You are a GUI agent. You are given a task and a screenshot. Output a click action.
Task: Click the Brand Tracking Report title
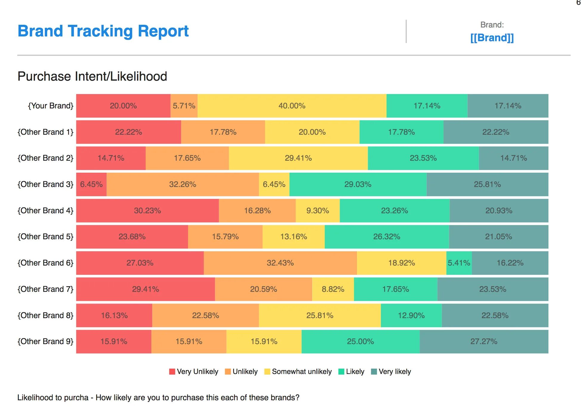[103, 31]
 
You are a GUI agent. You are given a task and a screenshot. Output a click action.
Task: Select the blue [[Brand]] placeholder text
[492, 38]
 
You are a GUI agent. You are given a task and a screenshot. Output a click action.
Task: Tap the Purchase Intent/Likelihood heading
[92, 76]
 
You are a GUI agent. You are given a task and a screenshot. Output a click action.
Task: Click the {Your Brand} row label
[50, 106]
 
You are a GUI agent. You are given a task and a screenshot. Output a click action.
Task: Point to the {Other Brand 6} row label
[45, 263]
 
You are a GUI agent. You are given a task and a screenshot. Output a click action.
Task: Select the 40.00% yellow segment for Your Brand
[292, 106]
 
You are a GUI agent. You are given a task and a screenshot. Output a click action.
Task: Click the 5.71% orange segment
[184, 106]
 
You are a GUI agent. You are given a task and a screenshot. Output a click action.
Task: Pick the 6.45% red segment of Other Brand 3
[91, 184]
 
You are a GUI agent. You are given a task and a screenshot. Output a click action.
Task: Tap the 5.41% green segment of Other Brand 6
[459, 263]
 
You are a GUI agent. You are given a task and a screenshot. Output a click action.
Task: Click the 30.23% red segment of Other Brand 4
[147, 211]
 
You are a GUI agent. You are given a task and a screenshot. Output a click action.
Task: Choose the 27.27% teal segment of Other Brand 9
[484, 341]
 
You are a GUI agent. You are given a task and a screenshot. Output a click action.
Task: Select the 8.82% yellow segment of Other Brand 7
[333, 289]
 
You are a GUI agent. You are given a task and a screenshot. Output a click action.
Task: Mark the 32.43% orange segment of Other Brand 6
[280, 263]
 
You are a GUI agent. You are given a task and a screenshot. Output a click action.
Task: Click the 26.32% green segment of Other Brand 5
[387, 237]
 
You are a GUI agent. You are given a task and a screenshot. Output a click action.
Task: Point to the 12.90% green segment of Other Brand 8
[411, 315]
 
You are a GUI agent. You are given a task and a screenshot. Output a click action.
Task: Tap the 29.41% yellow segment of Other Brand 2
[298, 158]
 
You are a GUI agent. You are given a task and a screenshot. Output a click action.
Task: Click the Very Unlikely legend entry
[194, 372]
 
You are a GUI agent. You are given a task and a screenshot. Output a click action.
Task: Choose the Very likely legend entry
[391, 372]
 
